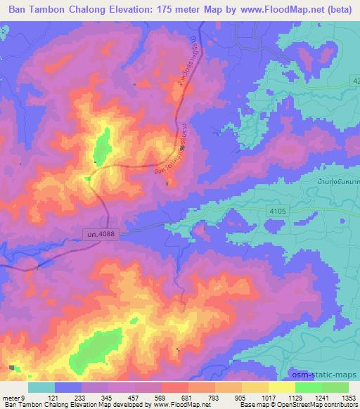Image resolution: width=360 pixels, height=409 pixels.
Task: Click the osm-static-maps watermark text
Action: pyautogui.click(x=330, y=373)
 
